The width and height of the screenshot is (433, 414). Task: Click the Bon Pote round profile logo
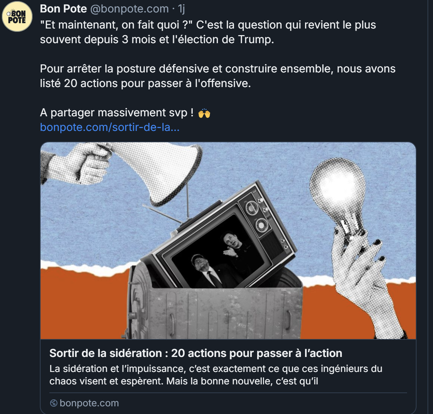click(x=17, y=16)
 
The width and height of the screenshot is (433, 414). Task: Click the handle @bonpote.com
click(x=129, y=9)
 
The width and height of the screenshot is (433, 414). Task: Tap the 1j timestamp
click(x=181, y=9)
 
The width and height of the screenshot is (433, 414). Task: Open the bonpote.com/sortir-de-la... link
click(x=110, y=127)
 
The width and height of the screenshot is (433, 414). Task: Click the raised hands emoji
click(x=204, y=113)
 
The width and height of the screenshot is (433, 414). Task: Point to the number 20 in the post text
click(x=71, y=83)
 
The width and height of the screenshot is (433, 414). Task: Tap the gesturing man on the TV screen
click(x=235, y=249)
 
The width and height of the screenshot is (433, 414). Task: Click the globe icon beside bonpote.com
click(x=53, y=403)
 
